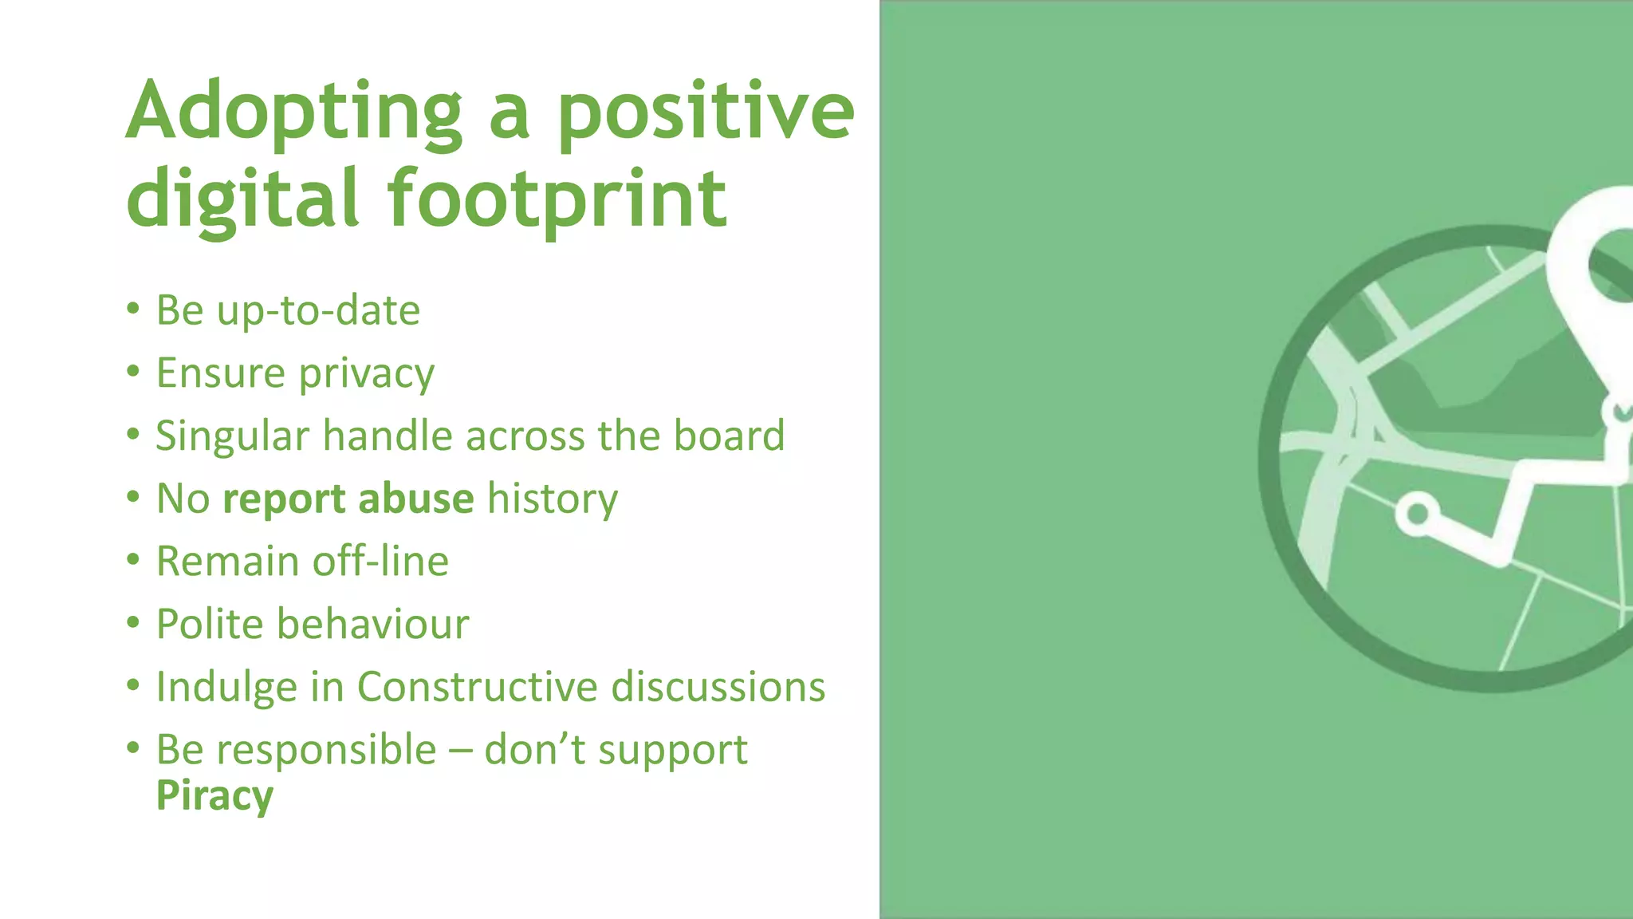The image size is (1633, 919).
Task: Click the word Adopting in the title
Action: [293, 112]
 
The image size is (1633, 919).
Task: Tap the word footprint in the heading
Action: [557, 199]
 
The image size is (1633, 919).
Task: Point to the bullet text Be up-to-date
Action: [288, 310]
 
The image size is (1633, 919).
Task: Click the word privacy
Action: [367, 374]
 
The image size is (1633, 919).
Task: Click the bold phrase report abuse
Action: [348, 499]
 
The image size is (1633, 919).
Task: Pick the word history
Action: [553, 499]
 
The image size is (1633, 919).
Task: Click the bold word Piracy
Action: [214, 795]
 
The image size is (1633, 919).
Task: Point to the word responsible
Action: [326, 750]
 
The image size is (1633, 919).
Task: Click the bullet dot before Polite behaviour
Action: [133, 622]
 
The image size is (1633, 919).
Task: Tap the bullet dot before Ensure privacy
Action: [133, 371]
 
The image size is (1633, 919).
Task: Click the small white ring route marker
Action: [1417, 513]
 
